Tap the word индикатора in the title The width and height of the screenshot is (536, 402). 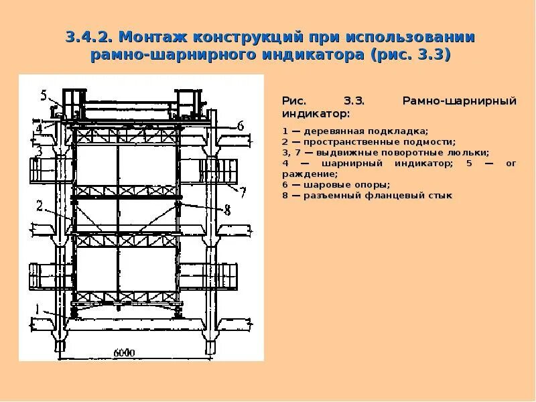coord(313,54)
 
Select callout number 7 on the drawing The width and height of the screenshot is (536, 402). coord(243,192)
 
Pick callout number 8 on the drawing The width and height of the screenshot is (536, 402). coord(226,210)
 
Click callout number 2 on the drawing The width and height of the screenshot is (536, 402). coord(40,206)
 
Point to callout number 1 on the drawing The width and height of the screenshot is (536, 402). coord(40,310)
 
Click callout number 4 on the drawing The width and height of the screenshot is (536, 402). coord(39,128)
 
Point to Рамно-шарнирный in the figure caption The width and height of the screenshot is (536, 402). coord(459,101)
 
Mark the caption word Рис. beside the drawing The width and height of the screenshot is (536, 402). coord(293,101)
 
